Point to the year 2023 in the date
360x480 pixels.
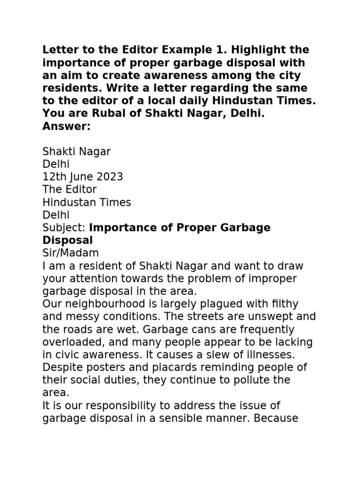[x=110, y=177]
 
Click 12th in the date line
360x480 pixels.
[x=53, y=177]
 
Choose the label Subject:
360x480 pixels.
[x=64, y=228]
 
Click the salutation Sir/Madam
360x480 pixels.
[x=71, y=253]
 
